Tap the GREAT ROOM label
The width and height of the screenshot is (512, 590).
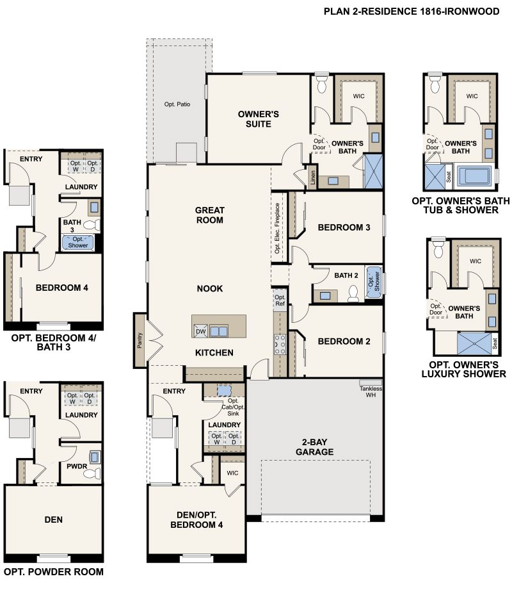click(209, 215)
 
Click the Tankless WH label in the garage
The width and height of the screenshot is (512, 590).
click(370, 391)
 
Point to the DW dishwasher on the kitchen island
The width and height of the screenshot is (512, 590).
click(200, 331)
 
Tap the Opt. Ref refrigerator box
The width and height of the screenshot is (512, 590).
click(280, 300)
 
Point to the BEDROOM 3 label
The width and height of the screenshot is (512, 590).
click(344, 227)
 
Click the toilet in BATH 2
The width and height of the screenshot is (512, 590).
click(351, 293)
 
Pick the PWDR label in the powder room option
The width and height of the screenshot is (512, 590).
click(77, 467)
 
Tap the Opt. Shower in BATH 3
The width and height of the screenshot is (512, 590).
click(78, 242)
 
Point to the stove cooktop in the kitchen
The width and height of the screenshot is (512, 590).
click(280, 345)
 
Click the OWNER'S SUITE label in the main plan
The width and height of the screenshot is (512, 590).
click(259, 119)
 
